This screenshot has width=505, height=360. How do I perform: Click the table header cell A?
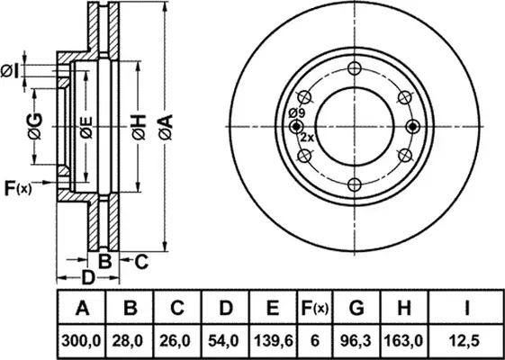[83, 309]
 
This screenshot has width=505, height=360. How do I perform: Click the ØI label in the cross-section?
[11, 70]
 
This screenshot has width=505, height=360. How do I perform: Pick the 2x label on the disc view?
[306, 138]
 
